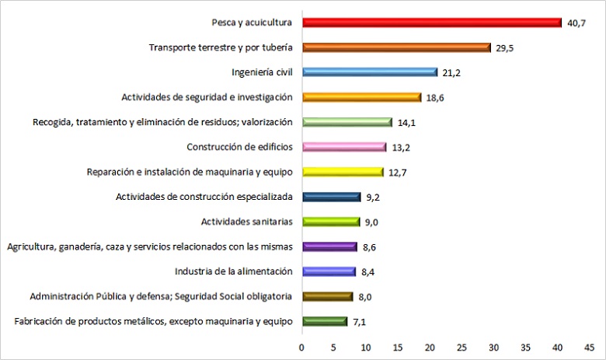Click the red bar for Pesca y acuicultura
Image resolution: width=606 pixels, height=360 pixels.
click(x=431, y=23)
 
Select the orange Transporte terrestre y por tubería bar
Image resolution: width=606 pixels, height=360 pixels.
click(x=395, y=47)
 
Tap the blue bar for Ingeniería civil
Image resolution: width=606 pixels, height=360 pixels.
click(x=369, y=72)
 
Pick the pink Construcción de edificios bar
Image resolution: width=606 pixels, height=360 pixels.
click(x=343, y=147)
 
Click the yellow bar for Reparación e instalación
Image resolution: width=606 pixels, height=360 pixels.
click(x=342, y=172)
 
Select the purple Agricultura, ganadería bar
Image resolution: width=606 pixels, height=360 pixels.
click(x=329, y=246)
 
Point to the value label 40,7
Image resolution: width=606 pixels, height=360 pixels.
click(x=576, y=23)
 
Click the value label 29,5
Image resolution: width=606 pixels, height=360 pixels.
click(x=506, y=48)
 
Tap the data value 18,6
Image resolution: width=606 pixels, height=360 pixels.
click(x=435, y=98)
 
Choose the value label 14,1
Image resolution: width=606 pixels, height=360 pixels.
click(x=407, y=123)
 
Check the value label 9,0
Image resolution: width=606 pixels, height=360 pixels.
click(x=375, y=222)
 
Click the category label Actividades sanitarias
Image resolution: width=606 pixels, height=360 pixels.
click(x=246, y=222)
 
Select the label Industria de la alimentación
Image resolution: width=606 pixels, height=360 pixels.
click(x=233, y=271)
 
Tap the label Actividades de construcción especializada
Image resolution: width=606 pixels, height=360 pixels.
click(x=204, y=197)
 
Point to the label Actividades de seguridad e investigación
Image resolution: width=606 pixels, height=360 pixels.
click(x=207, y=97)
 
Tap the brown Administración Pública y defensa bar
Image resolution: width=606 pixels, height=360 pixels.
click(x=327, y=296)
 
